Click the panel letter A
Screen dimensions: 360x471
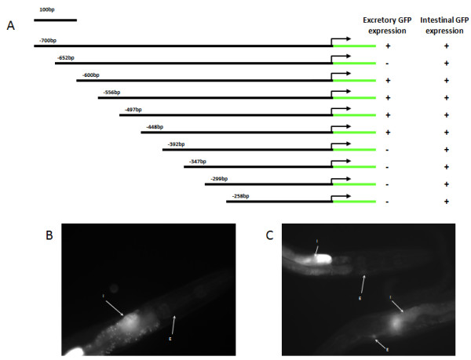tap(10, 26)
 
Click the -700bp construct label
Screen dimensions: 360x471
tap(48, 40)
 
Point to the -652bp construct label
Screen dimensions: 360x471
tap(65, 57)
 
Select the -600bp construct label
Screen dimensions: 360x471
tap(90, 75)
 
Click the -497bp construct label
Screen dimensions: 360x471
tap(133, 109)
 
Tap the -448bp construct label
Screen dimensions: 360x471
tap(154, 126)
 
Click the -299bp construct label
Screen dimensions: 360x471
tap(217, 178)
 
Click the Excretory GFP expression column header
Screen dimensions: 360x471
tap(384, 24)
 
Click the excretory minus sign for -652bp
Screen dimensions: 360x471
tap(387, 64)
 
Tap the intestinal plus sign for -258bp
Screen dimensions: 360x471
tap(446, 202)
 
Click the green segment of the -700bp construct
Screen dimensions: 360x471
tap(353, 46)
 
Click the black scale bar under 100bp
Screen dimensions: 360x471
tap(56, 19)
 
